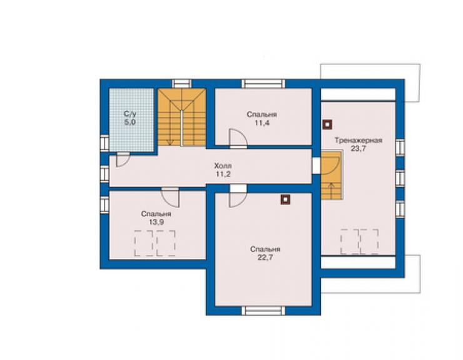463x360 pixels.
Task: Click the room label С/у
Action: click(x=130, y=114)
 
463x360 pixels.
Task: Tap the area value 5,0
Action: click(x=130, y=122)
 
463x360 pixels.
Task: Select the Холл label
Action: click(x=223, y=165)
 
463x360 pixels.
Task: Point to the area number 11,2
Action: click(x=223, y=174)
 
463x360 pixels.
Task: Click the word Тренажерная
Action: click(x=359, y=140)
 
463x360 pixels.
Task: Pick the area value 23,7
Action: click(x=359, y=148)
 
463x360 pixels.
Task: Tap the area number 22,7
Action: click(x=265, y=257)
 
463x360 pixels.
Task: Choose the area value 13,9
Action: click(x=156, y=222)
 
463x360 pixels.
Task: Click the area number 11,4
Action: click(x=262, y=123)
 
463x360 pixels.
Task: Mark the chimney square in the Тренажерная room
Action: click(x=327, y=125)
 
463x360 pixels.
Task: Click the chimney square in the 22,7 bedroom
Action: click(x=285, y=200)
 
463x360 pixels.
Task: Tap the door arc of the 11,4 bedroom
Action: click(x=238, y=138)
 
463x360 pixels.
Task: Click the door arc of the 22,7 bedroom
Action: click(x=238, y=200)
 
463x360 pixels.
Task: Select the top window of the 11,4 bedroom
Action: click(x=263, y=84)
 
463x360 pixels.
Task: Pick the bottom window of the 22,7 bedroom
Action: click(x=263, y=311)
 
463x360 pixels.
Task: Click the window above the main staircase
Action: click(x=182, y=84)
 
